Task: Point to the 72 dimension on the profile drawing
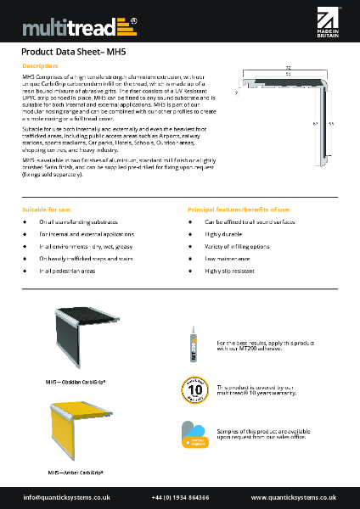pos(289,65)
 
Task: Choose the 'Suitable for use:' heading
pos(46,209)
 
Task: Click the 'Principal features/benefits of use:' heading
pos(239,209)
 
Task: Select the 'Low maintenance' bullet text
pos(222,258)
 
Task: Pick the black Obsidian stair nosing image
pos(65,335)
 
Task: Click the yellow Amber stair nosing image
pos(65,431)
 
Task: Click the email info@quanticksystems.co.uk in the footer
pos(68,497)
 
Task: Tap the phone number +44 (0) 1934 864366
pos(180,497)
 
